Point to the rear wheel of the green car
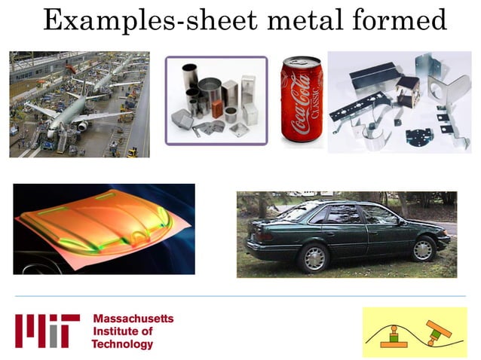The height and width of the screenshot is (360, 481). [314, 256]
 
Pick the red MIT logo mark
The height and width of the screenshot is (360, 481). [47, 331]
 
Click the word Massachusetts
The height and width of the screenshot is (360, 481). [133, 319]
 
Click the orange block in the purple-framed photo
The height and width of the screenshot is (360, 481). [216, 110]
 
